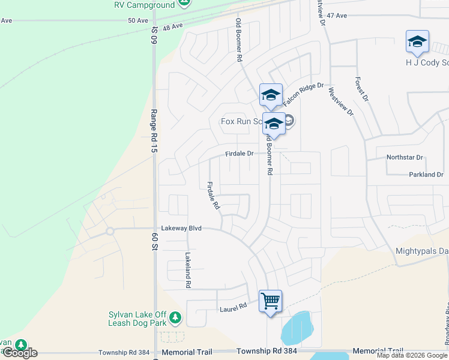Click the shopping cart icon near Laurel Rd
tap(270, 300)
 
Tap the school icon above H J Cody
tap(417, 41)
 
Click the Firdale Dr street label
tap(240, 154)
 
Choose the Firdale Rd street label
tap(212, 196)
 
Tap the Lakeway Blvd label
tap(181, 229)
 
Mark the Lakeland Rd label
tap(188, 271)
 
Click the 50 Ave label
tap(138, 20)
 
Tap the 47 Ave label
tap(337, 15)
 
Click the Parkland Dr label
tap(426, 175)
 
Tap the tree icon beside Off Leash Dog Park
tap(175, 317)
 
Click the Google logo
tap(20, 353)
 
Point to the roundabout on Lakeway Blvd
tap(110, 231)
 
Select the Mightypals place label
tap(422, 251)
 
